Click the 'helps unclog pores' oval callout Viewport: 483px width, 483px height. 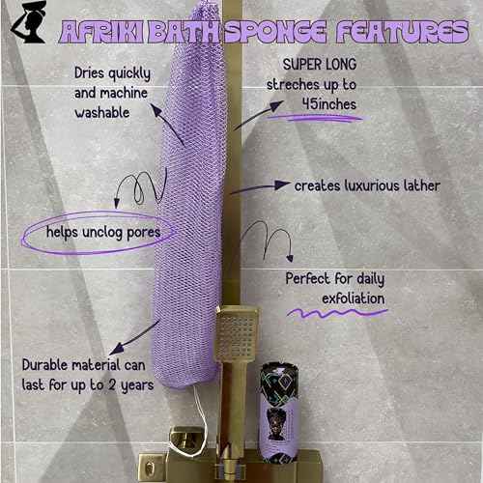click(96, 233)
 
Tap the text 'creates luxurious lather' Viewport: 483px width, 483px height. click(367, 185)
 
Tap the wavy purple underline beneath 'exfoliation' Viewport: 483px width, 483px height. click(333, 315)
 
